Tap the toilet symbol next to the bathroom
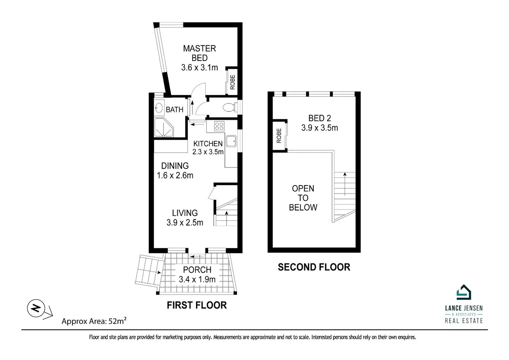(x=229, y=108)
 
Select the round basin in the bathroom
(x=159, y=108)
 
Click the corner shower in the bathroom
(x=163, y=127)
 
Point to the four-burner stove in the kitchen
(x=219, y=126)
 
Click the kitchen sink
(x=231, y=141)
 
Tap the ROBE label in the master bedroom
(x=233, y=82)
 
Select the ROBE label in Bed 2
(x=279, y=136)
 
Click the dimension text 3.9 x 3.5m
(x=319, y=128)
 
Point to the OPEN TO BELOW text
(x=303, y=198)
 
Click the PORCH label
(x=197, y=270)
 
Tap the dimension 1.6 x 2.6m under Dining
(x=175, y=175)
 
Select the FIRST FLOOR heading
(x=197, y=305)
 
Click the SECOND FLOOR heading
(x=314, y=267)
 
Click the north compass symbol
(x=36, y=308)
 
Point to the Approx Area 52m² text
(x=94, y=321)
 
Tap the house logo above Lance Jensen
(x=463, y=292)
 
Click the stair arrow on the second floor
(x=345, y=183)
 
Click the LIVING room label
(x=185, y=213)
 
